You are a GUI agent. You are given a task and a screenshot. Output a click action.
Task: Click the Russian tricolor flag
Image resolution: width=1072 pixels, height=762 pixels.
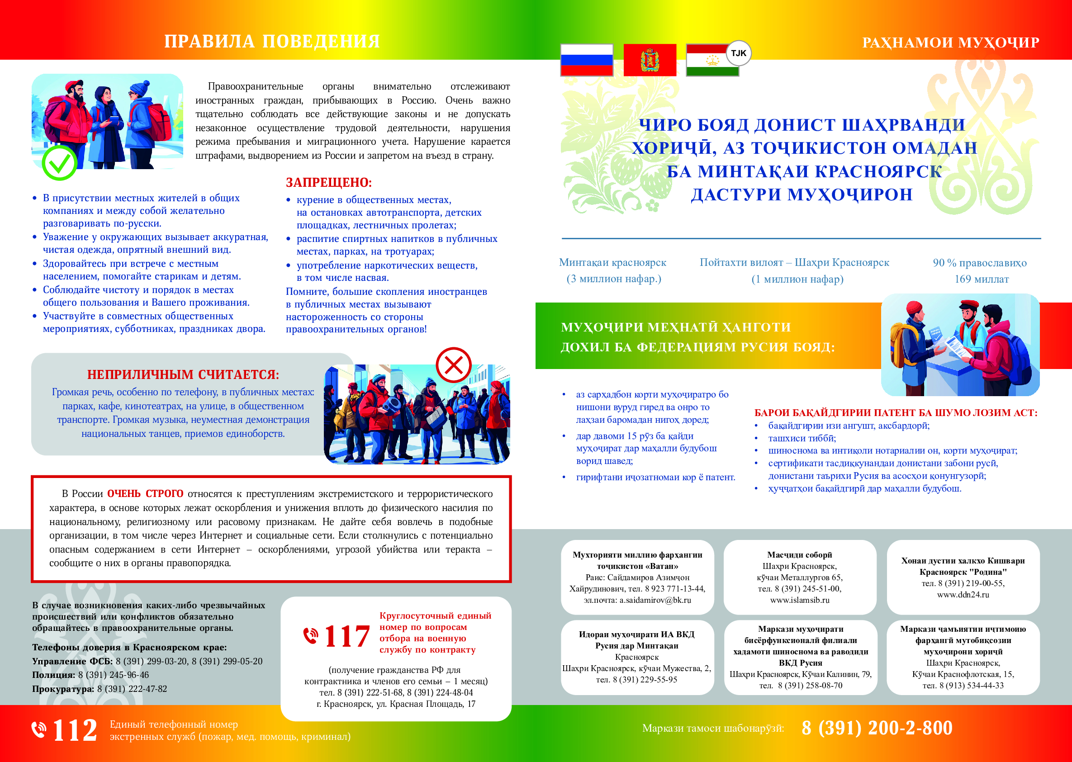click(x=587, y=60)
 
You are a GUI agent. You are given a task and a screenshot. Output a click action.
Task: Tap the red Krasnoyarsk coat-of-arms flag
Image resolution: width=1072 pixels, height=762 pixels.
click(x=650, y=60)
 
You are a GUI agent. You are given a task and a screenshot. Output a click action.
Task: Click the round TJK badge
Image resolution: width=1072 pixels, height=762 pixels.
click(x=738, y=53)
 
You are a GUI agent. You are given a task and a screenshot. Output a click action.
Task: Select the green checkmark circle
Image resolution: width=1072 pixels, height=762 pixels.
click(x=60, y=163)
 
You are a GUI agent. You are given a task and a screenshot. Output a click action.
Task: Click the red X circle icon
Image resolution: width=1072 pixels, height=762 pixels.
click(x=453, y=364)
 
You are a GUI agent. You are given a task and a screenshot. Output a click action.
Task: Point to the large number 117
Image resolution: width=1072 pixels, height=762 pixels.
click(x=347, y=637)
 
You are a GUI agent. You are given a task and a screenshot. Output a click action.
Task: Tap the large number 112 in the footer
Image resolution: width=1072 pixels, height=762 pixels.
click(x=75, y=730)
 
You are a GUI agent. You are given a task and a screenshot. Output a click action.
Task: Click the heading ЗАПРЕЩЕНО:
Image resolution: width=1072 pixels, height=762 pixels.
click(x=328, y=183)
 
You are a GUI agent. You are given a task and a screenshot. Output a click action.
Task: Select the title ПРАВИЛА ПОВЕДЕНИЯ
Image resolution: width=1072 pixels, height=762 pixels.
click(x=272, y=42)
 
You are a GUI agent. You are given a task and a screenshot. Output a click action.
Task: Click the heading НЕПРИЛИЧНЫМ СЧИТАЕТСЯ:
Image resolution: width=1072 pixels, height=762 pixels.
click(x=183, y=374)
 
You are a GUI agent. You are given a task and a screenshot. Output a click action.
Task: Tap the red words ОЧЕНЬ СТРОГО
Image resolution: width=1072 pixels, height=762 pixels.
click(x=145, y=494)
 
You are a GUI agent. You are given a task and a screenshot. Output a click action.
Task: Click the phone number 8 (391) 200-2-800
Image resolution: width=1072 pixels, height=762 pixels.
click(x=877, y=728)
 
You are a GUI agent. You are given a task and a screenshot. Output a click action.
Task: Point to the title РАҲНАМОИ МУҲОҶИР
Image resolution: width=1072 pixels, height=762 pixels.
click(x=950, y=43)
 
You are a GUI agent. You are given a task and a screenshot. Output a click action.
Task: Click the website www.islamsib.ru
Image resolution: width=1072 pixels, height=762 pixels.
click(x=799, y=600)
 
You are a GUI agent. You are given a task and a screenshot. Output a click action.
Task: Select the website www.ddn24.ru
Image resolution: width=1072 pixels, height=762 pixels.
click(x=963, y=595)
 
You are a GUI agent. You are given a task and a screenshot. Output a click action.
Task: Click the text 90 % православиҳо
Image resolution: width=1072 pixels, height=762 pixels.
click(x=980, y=263)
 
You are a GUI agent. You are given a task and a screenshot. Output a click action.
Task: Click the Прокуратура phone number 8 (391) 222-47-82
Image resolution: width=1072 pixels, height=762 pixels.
click(x=132, y=689)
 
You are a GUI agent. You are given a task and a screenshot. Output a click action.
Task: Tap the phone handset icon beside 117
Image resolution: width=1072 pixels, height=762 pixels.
click(x=310, y=636)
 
